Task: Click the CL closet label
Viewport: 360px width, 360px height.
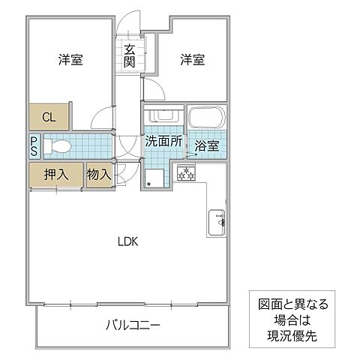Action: click(49, 117)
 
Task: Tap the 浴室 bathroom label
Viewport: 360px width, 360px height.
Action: click(206, 145)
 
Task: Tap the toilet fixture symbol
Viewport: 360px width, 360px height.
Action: click(58, 146)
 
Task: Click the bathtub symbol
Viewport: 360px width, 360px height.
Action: click(207, 118)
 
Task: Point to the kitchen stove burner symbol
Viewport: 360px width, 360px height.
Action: click(185, 174)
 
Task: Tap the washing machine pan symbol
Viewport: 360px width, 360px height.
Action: click(154, 178)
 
